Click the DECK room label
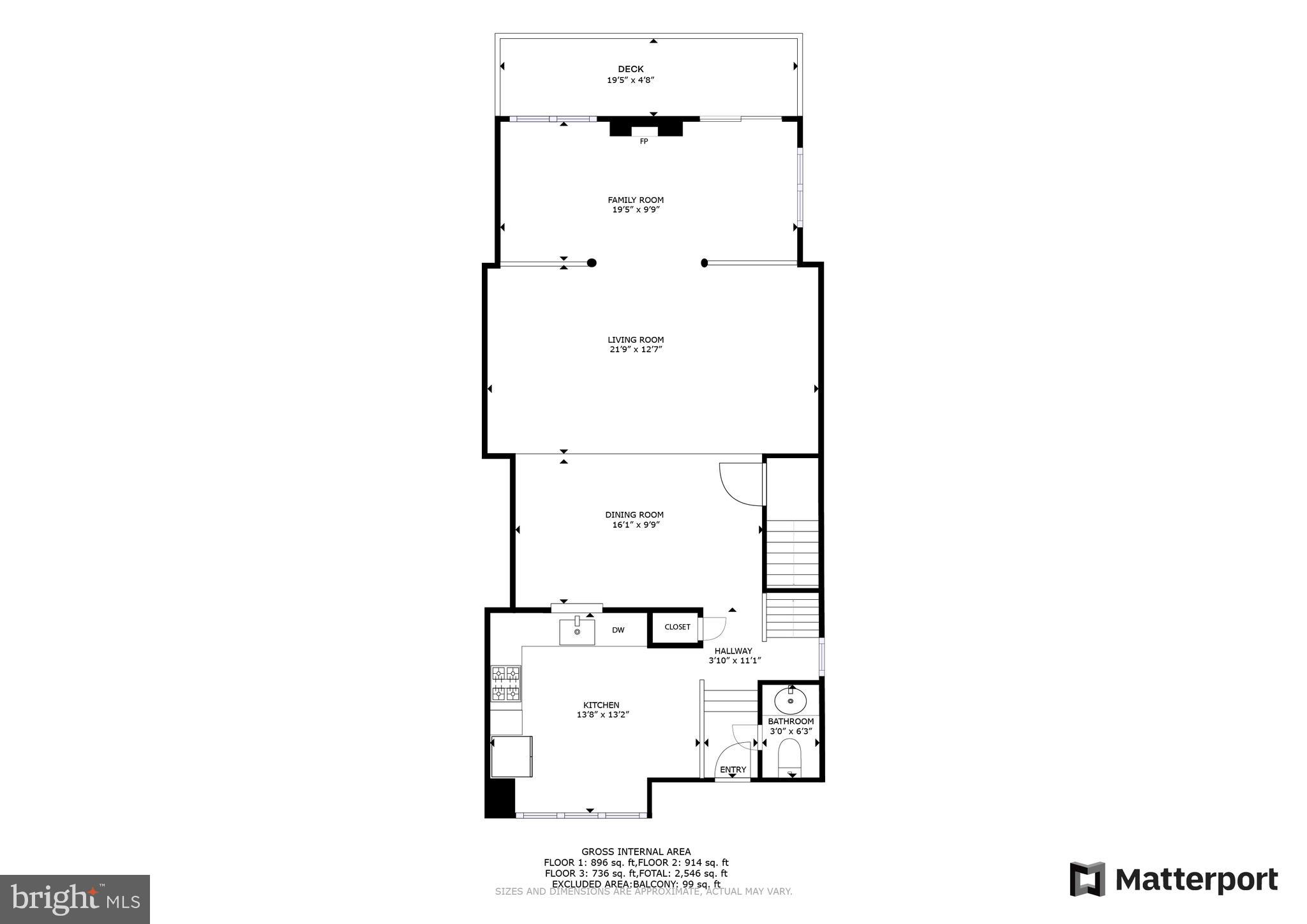click(x=631, y=69)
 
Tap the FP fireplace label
click(x=644, y=141)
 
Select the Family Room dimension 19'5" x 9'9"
click(x=636, y=209)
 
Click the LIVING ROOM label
click(x=636, y=339)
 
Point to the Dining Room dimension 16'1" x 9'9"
click(x=636, y=525)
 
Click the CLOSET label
click(x=677, y=627)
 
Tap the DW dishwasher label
click(x=618, y=630)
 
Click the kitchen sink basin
click(x=577, y=632)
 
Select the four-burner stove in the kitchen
click(x=505, y=683)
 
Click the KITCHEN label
click(x=601, y=705)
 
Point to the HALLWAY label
click(x=733, y=651)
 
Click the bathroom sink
click(x=791, y=701)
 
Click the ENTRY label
click(x=733, y=770)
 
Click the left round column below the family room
click(x=592, y=262)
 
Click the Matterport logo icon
click(x=1087, y=879)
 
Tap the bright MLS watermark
click(x=75, y=899)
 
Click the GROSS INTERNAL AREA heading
click(x=636, y=851)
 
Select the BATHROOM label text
click(x=791, y=721)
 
